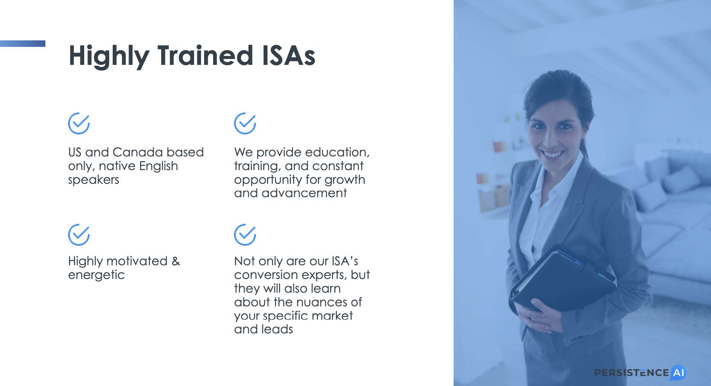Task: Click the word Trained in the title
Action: click(205, 56)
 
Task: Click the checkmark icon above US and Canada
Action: click(79, 123)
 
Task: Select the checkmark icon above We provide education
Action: click(245, 123)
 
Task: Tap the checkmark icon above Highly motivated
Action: click(79, 235)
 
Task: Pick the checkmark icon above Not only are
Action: click(245, 235)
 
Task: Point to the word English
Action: click(158, 167)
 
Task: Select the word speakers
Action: click(94, 179)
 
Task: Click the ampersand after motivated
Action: click(176, 261)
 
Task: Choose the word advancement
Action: click(304, 193)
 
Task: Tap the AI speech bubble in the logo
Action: click(678, 373)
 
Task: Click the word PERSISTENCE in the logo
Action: click(631, 373)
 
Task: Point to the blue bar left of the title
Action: click(23, 44)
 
